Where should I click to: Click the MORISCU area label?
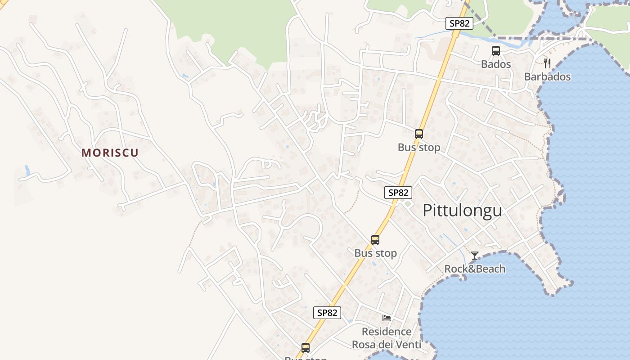[110, 153]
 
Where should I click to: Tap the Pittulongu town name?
[462, 210]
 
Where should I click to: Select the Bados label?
[496, 64]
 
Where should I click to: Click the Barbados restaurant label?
[547, 76]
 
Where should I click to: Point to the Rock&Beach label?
[475, 269]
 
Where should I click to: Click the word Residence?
[387, 332]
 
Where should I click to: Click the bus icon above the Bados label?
[496, 51]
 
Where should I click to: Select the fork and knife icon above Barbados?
[547, 63]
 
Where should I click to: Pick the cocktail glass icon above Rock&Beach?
[475, 256]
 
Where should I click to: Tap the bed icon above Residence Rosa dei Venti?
[387, 318]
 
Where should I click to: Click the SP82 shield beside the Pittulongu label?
[398, 193]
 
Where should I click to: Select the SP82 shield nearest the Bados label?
[459, 23]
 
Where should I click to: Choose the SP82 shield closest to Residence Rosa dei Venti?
[327, 313]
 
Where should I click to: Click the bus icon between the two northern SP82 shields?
[419, 134]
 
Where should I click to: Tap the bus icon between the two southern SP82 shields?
[375, 240]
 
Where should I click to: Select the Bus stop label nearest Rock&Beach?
[375, 253]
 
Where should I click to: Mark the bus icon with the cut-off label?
[306, 347]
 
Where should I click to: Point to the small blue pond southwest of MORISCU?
[27, 171]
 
